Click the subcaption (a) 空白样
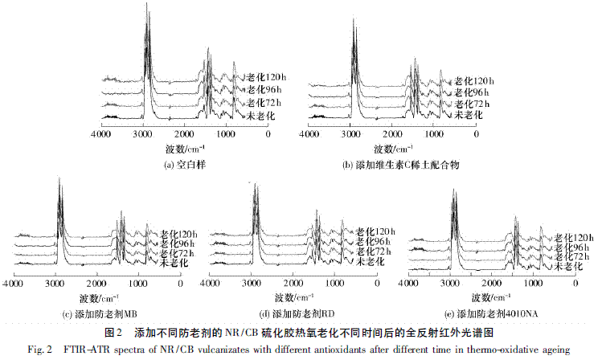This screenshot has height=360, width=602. pyautogui.click(x=186, y=165)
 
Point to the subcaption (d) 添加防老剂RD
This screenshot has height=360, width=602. pyautogui.click(x=301, y=312)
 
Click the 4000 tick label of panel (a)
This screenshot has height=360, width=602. pyautogui.click(x=100, y=135)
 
